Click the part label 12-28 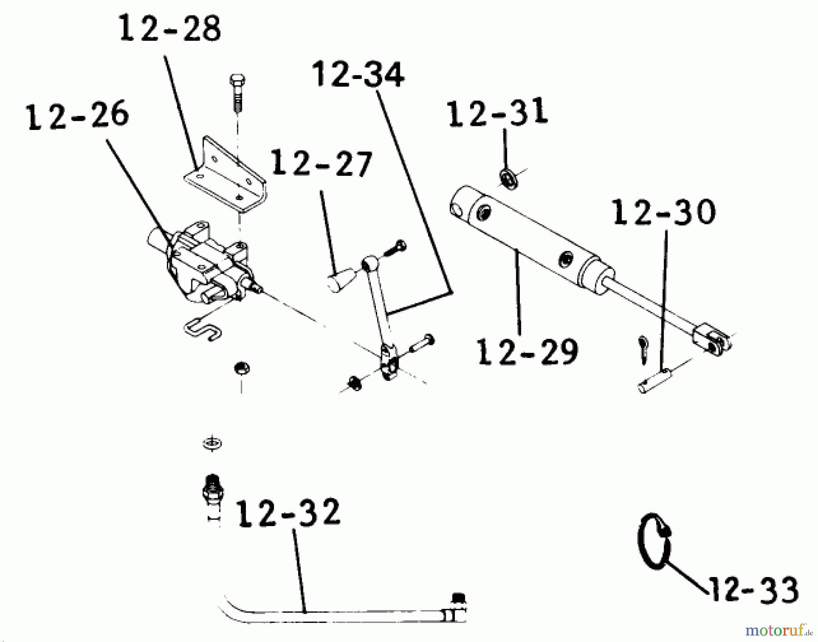[170, 28]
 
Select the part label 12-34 [358, 75]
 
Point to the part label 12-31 [498, 113]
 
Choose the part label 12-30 [664, 212]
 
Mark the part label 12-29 [527, 352]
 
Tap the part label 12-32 [289, 513]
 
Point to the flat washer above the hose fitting [212, 443]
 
